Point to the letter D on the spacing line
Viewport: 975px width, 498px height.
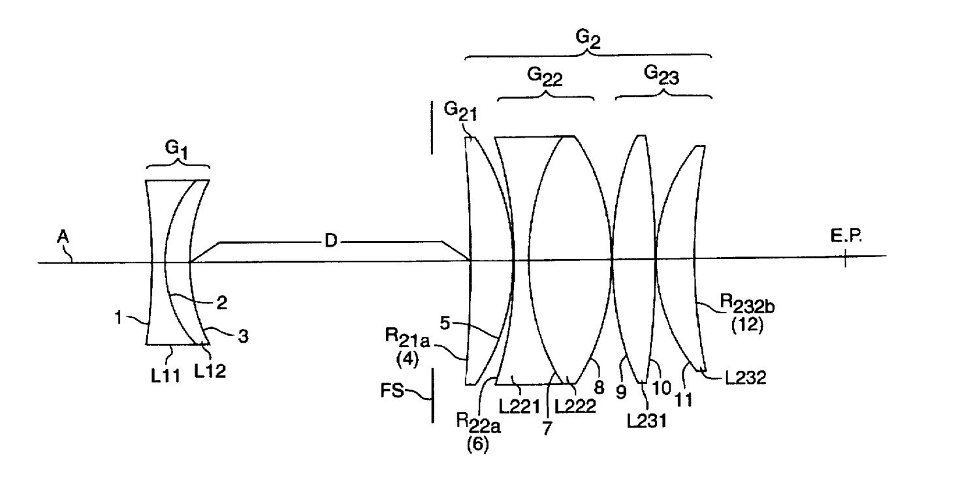(x=331, y=241)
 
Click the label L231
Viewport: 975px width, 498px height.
(x=647, y=421)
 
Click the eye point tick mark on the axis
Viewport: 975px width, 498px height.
(x=844, y=260)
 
